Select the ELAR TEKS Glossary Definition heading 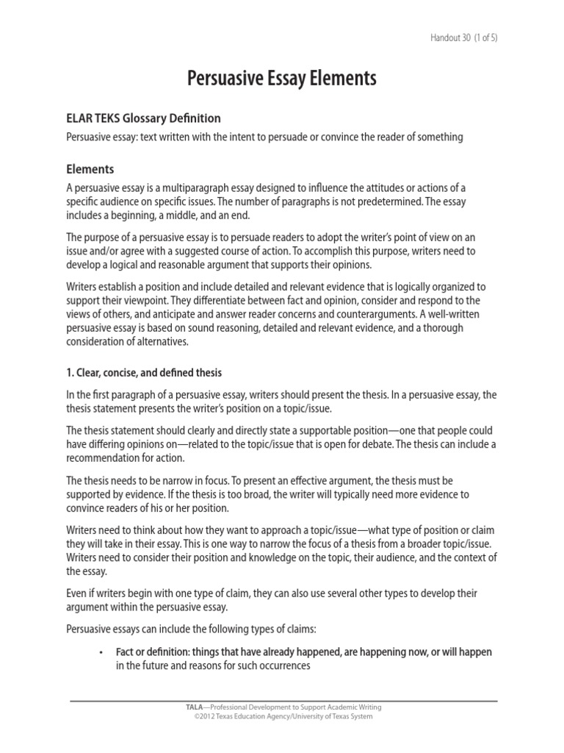point(143,118)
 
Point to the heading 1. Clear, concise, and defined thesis point(144,373)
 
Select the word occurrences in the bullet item point(276,665)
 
